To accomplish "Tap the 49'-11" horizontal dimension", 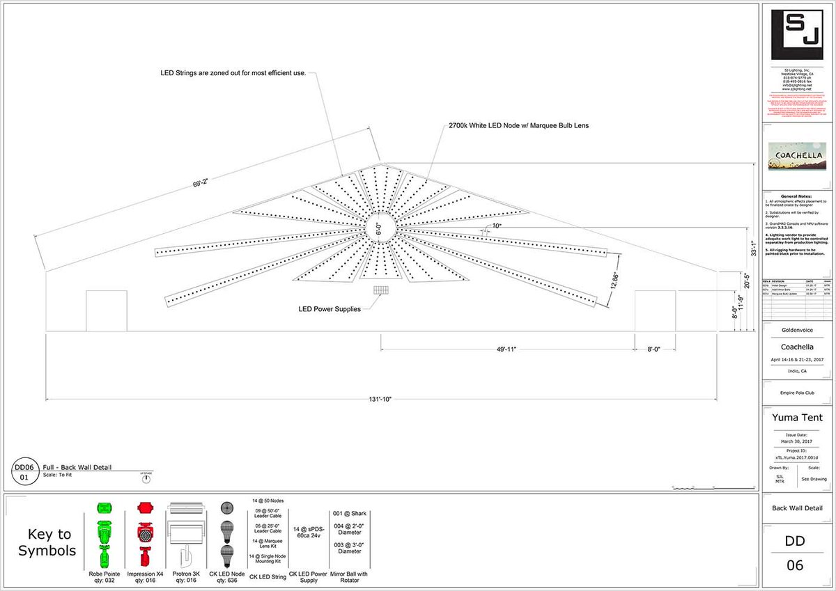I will (x=506, y=349).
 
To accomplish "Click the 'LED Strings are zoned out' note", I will (x=232, y=72).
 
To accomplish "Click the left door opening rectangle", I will (x=107, y=311).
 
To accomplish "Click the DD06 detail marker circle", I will (x=24, y=473).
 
